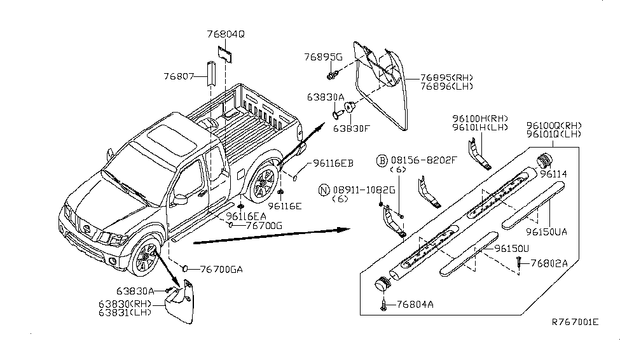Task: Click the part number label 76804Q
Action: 225,34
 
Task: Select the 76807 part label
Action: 179,76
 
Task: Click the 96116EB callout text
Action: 332,164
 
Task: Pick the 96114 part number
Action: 553,173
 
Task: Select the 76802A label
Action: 549,263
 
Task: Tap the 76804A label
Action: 417,305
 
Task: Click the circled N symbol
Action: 323,189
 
